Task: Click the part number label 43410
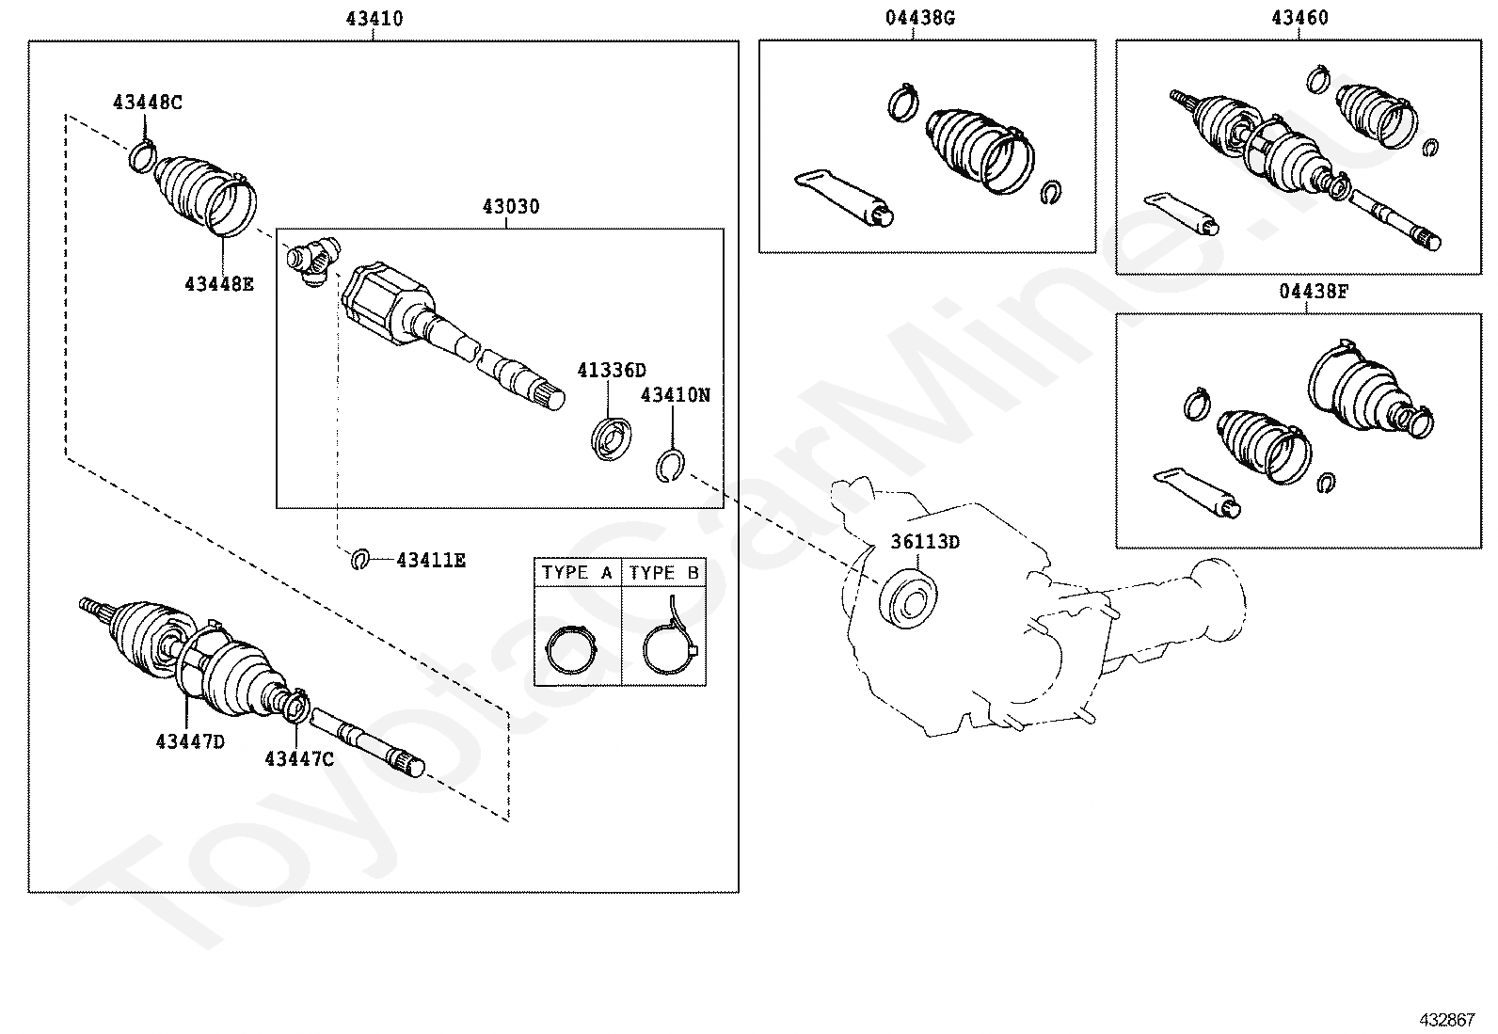click(374, 18)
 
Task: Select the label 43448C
click(148, 102)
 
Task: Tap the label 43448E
click(219, 282)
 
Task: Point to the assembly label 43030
click(511, 206)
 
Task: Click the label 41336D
click(612, 370)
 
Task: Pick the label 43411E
click(431, 561)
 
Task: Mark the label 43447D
click(190, 741)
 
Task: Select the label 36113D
click(925, 542)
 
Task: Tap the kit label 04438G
click(919, 18)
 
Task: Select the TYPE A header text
click(577, 572)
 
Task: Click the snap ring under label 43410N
click(670, 464)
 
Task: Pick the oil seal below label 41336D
click(611, 438)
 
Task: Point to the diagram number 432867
click(1447, 1019)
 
